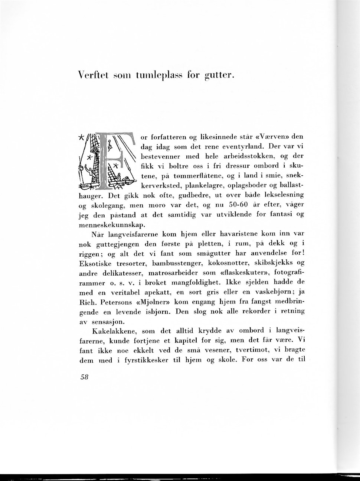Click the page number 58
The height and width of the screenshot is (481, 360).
84,376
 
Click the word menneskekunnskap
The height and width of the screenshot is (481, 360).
110,224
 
